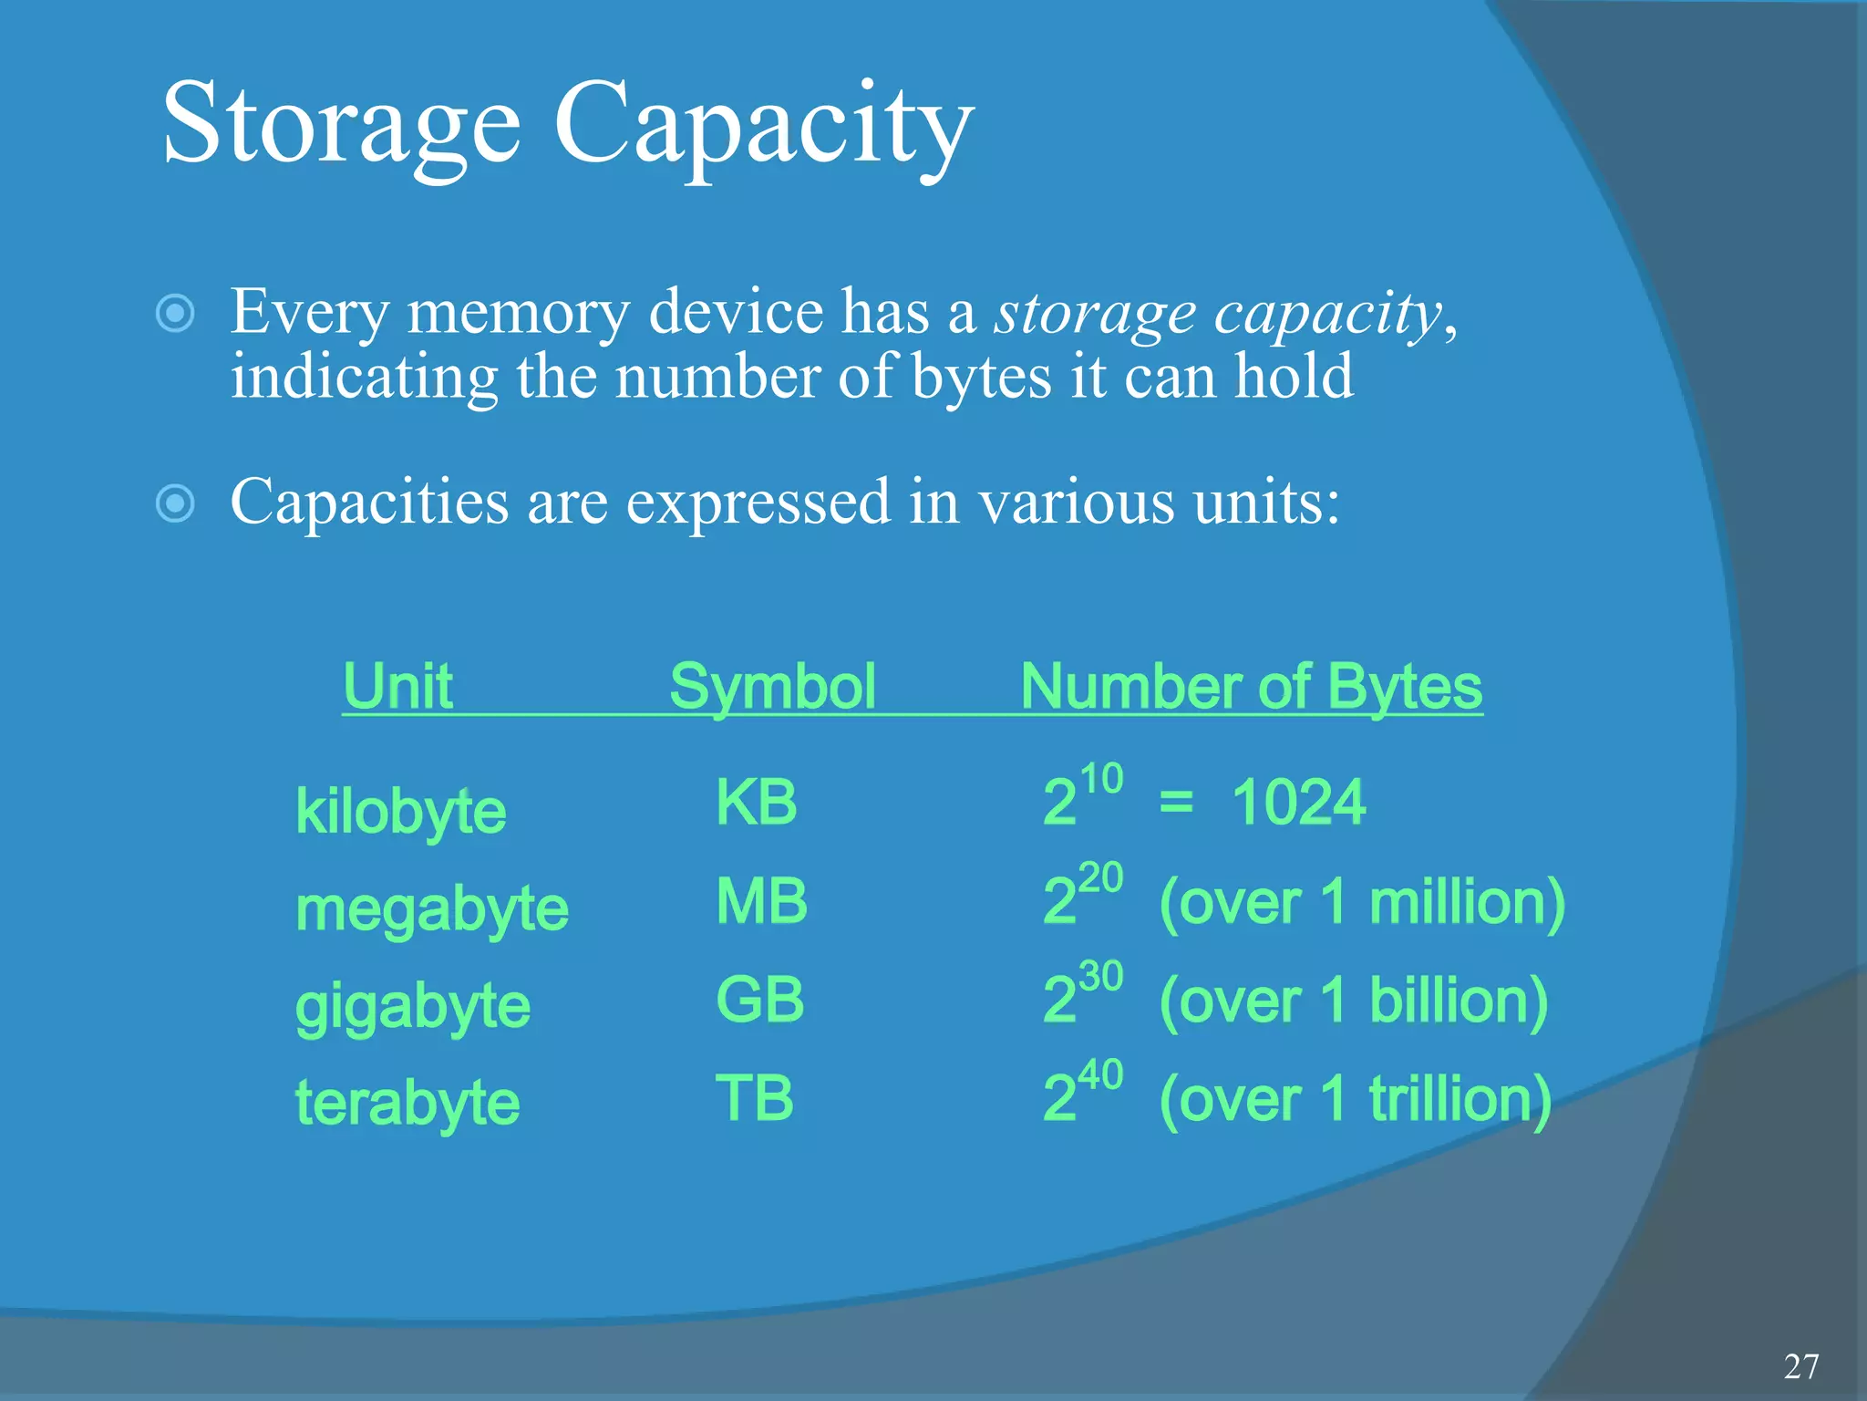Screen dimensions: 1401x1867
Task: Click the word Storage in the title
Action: [x=341, y=125]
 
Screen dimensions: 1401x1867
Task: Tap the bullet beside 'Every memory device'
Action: [x=175, y=314]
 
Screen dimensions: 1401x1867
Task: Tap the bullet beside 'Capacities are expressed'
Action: [x=175, y=503]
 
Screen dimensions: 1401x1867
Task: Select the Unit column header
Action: [x=397, y=686]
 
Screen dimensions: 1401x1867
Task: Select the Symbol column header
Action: [x=772, y=686]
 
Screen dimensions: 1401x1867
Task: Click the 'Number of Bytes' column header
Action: [x=1251, y=686]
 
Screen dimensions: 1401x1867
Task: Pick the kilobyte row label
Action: [x=400, y=812]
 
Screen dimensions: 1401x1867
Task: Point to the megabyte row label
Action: [x=431, y=909]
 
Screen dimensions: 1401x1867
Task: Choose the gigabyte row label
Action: [x=412, y=1007]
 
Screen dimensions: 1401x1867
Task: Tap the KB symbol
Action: [x=756, y=803]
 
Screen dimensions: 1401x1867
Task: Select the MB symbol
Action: [x=761, y=901]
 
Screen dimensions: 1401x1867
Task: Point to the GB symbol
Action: [x=759, y=1000]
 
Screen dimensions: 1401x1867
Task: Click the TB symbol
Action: [x=754, y=1097]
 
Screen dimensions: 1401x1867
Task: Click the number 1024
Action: [x=1298, y=803]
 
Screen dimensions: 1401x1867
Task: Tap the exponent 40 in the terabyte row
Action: [x=1100, y=1075]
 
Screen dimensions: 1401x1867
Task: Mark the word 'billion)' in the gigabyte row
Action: [x=1458, y=1001]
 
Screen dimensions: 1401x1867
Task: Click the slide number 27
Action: [x=1801, y=1366]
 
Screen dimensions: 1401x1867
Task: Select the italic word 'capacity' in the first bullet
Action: [x=1327, y=314]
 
